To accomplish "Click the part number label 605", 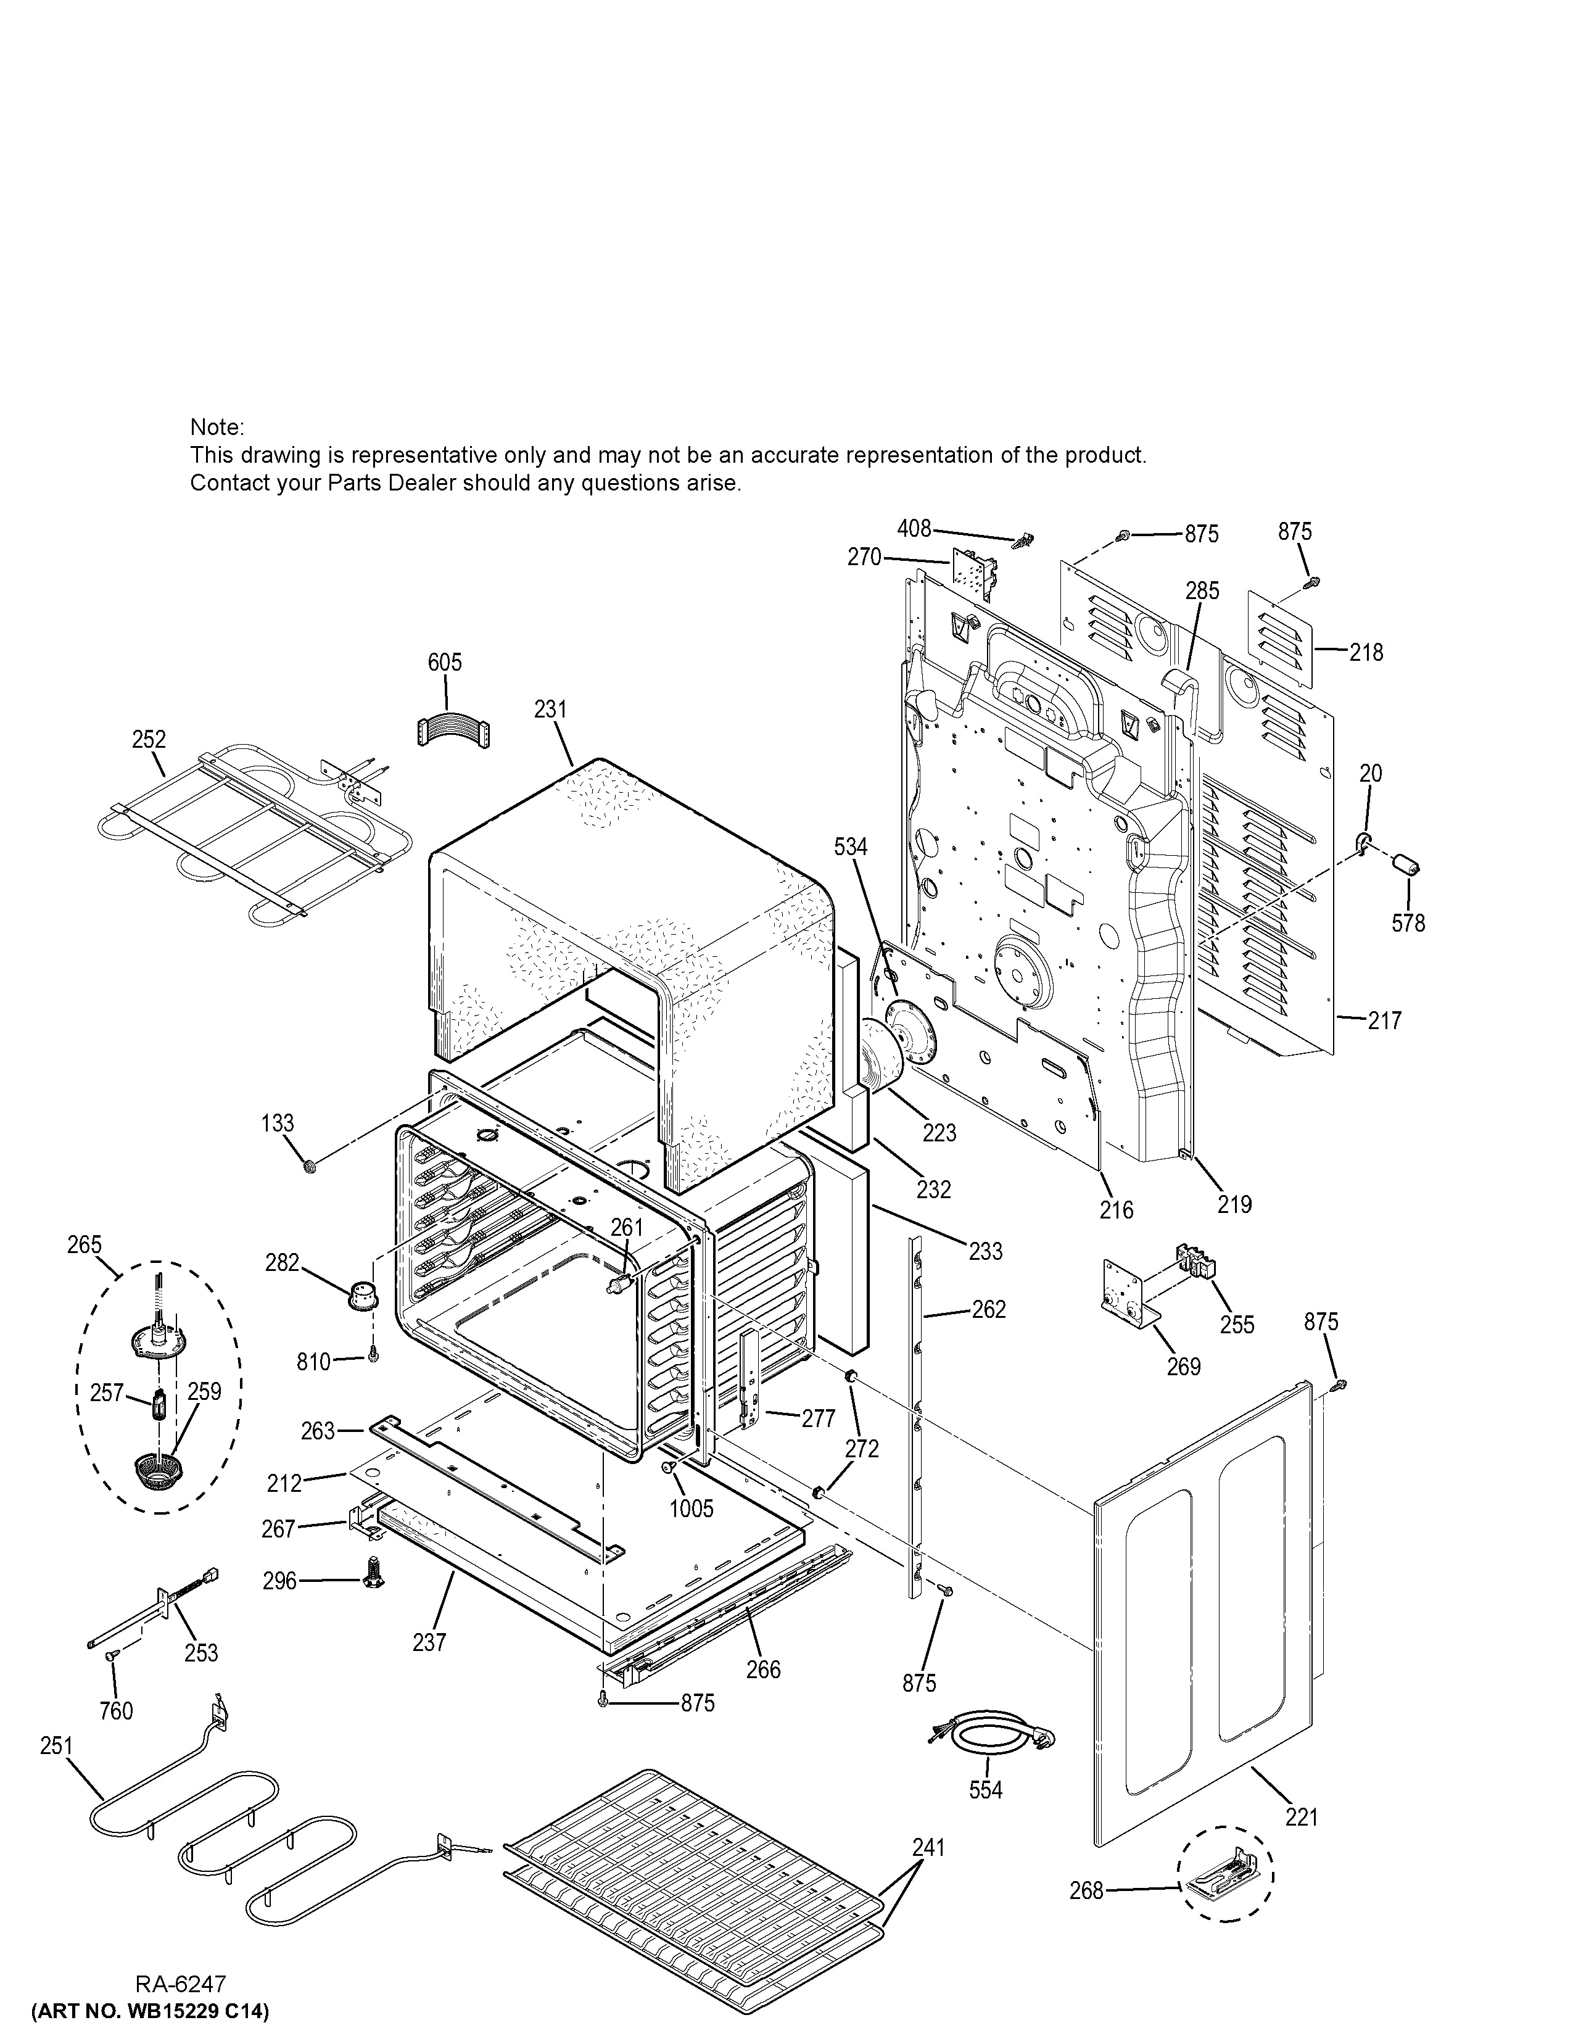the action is pyautogui.click(x=445, y=662).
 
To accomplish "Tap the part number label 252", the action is pyautogui.click(x=149, y=739).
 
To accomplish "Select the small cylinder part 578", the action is pyautogui.click(x=1405, y=864).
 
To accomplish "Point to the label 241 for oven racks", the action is pyautogui.click(x=928, y=1847).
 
